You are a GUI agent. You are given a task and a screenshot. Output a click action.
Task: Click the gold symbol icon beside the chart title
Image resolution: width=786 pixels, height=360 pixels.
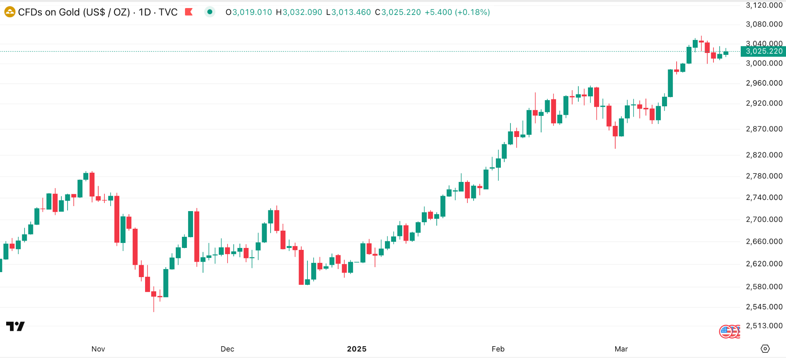pos(10,12)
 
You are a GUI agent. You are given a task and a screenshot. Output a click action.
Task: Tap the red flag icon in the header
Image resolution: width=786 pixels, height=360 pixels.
pos(188,12)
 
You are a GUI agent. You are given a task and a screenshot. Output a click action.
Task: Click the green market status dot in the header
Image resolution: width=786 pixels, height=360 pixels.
pos(210,12)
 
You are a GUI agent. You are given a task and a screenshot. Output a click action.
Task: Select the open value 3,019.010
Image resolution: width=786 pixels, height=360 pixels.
pos(252,12)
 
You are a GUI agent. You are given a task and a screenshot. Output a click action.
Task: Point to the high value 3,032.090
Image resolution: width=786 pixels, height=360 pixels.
pos(302,12)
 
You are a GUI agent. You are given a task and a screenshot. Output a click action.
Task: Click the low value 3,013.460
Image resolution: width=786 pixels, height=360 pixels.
pos(351,12)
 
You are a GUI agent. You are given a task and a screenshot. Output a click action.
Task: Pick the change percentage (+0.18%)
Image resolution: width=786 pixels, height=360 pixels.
pos(472,12)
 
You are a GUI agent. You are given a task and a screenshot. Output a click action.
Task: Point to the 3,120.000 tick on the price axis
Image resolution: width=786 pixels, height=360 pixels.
pos(764,5)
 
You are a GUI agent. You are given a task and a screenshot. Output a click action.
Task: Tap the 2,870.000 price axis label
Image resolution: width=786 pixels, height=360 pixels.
pos(764,129)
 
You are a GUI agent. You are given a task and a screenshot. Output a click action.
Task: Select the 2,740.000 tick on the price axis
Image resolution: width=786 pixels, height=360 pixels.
pos(764,198)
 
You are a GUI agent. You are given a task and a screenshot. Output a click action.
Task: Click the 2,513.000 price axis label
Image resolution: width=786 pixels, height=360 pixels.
pos(764,326)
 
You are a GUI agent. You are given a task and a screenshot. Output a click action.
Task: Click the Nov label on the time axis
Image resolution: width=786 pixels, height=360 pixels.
pos(98,349)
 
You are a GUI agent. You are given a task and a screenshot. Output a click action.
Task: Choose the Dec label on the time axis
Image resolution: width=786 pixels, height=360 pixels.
pos(227,349)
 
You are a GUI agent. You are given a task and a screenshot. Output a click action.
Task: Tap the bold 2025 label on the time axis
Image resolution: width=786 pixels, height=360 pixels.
pos(357,349)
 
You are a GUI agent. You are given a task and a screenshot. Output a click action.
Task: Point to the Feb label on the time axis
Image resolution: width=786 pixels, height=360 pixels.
pos(498,349)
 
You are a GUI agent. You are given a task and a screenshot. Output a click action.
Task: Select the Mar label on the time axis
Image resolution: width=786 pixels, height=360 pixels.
pos(621,349)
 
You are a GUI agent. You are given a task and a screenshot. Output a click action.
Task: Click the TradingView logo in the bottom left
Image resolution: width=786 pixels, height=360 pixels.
pos(15,326)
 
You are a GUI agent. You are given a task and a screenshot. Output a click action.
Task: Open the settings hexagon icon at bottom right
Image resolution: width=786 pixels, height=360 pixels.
pos(765,348)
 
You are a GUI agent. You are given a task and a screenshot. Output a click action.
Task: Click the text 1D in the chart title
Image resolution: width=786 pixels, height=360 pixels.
pos(145,12)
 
